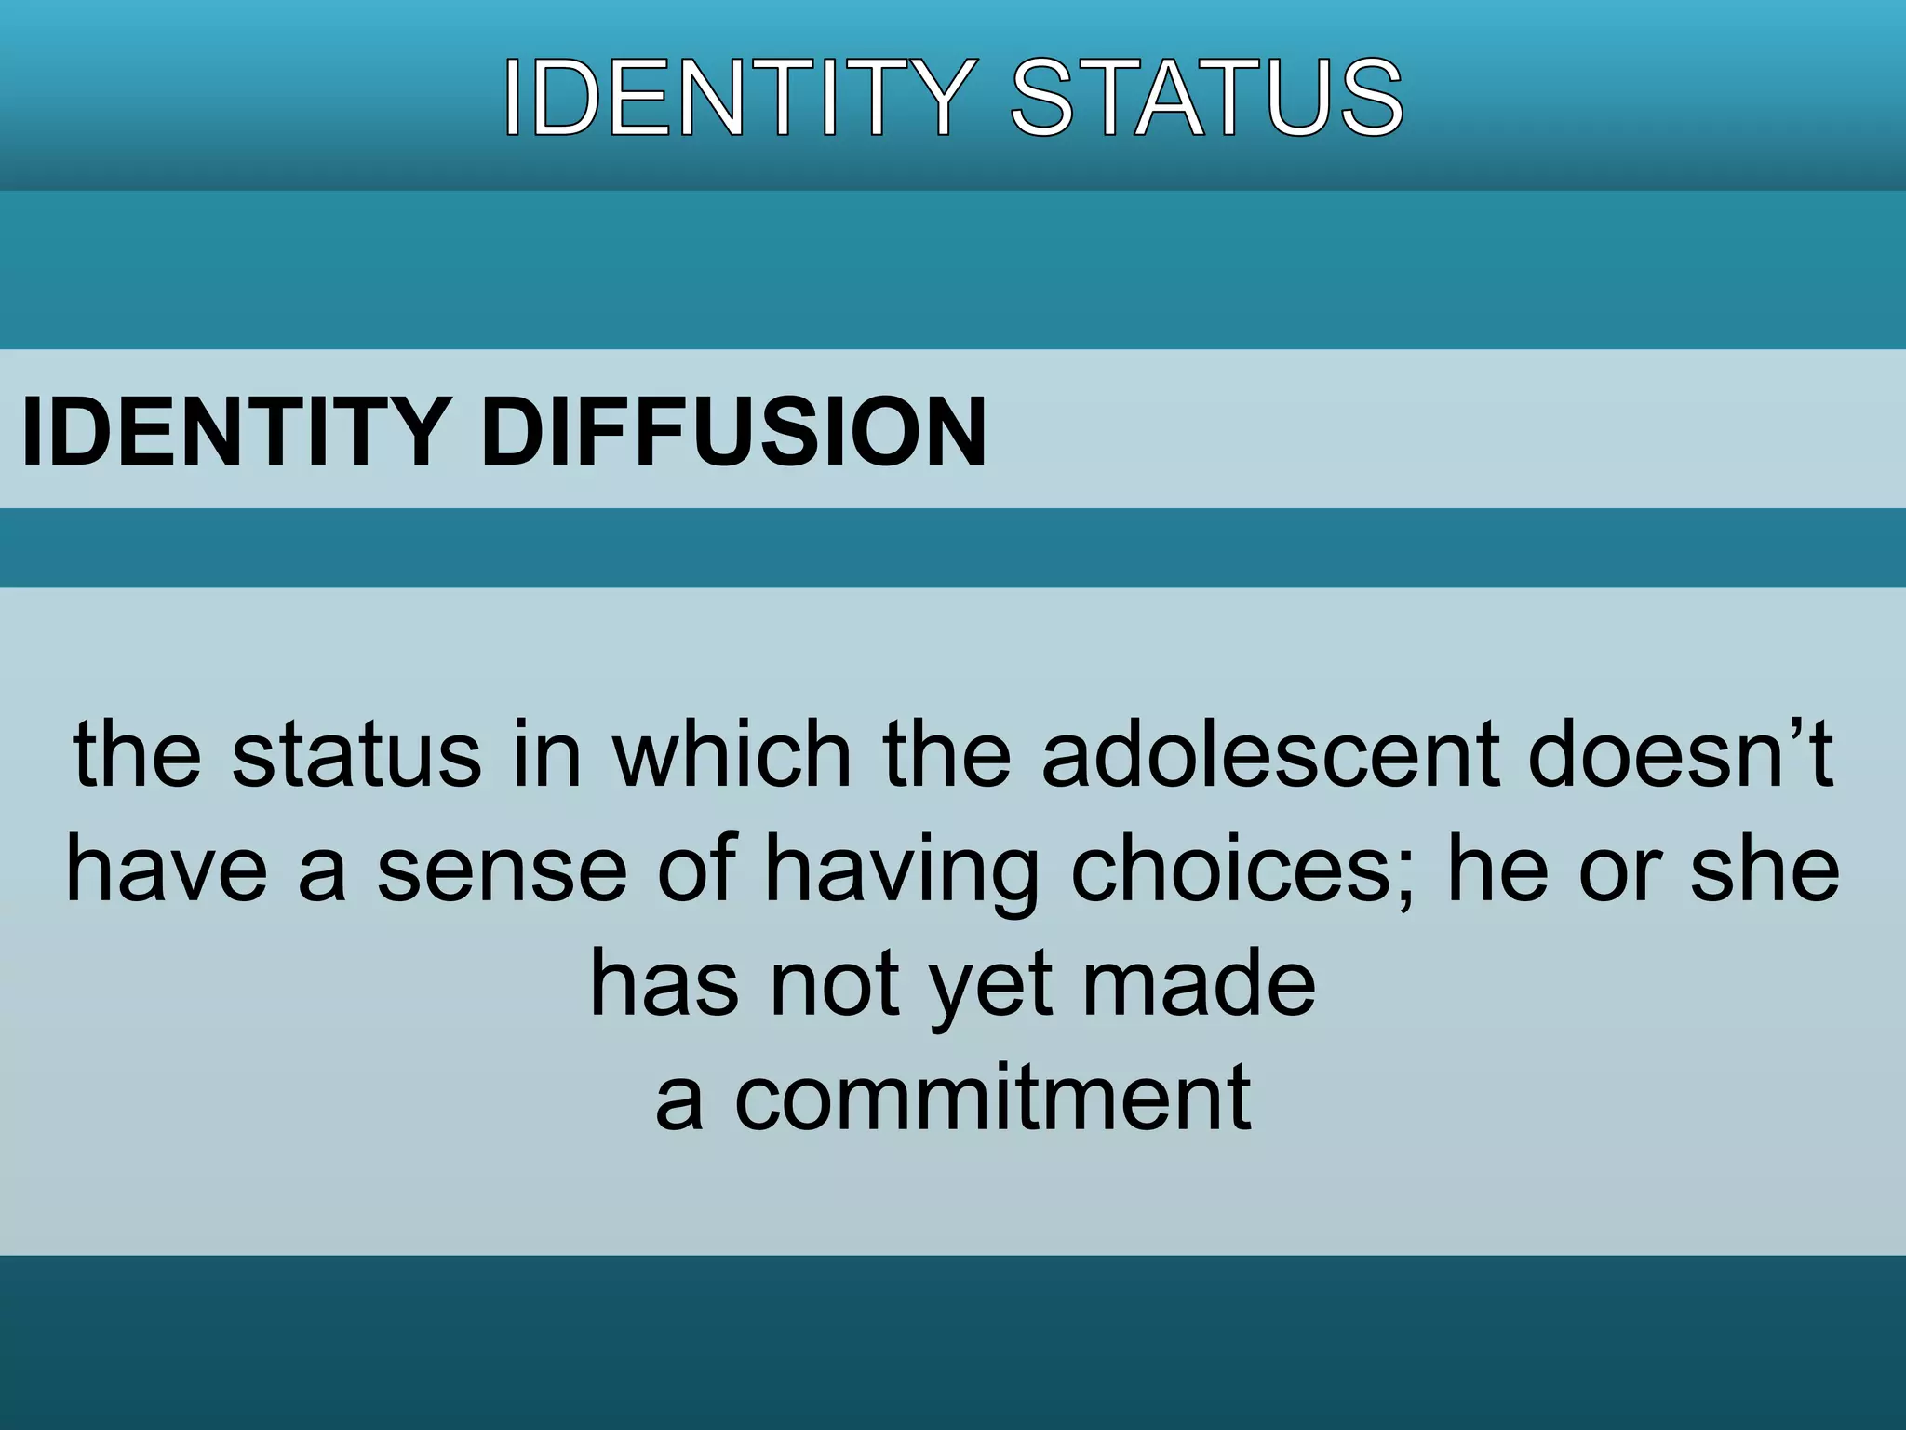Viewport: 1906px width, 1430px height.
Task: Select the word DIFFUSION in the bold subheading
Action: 733,432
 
